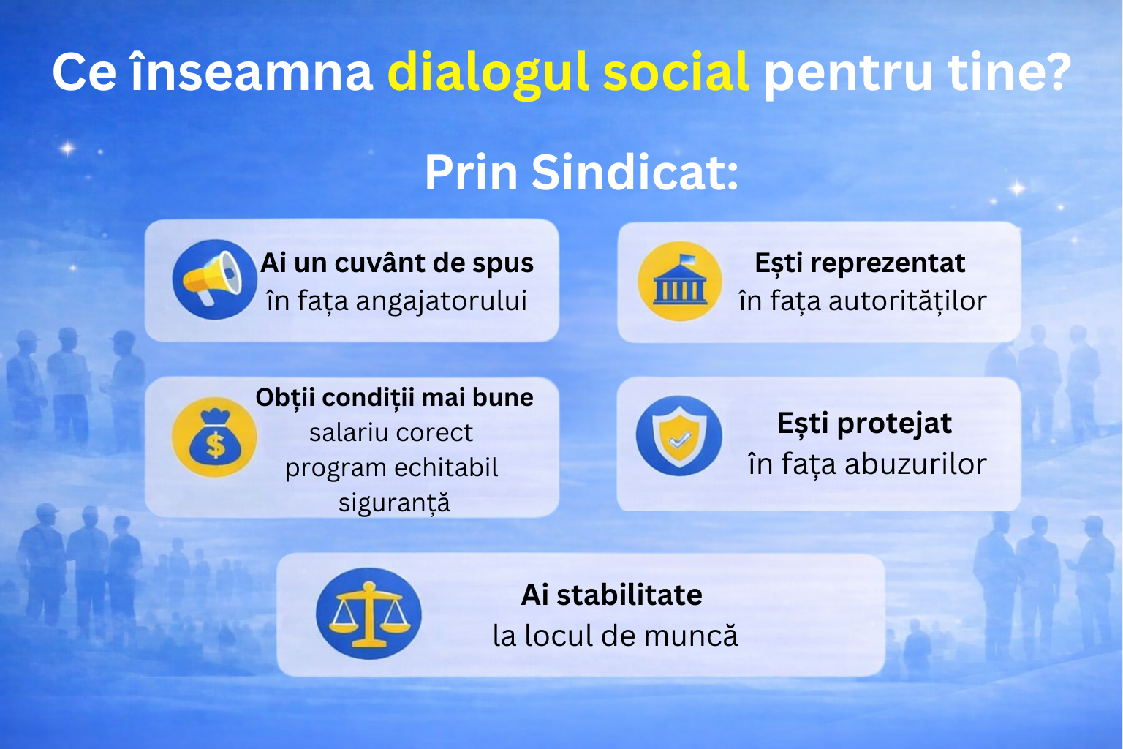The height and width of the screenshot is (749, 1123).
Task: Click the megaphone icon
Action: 213,279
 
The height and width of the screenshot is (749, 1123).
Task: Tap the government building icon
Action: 679,282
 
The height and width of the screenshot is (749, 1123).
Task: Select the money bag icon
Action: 214,437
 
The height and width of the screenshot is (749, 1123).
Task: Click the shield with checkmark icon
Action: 678,436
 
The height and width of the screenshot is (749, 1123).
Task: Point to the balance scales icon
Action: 368,614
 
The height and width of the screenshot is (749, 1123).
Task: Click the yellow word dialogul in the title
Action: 488,73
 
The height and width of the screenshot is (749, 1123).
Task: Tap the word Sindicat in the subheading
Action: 635,173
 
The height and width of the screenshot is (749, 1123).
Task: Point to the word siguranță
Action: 394,503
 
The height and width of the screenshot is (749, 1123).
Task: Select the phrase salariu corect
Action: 391,433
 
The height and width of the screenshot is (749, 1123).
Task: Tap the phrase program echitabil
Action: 391,468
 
